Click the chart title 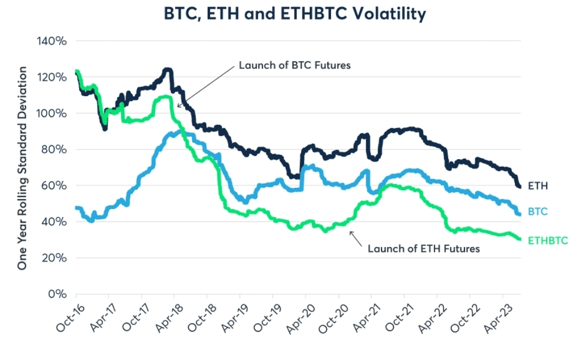tap(295, 14)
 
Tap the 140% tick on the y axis tap(53, 41)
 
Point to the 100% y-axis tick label tap(53, 113)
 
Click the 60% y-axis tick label tap(55, 186)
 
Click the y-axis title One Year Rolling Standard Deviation tap(22, 168)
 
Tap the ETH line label tap(538, 186)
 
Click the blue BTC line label tap(538, 211)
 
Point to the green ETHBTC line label tap(547, 239)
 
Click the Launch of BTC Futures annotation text tap(295, 65)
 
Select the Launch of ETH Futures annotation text tap(424, 249)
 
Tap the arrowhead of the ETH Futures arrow tap(351, 232)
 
